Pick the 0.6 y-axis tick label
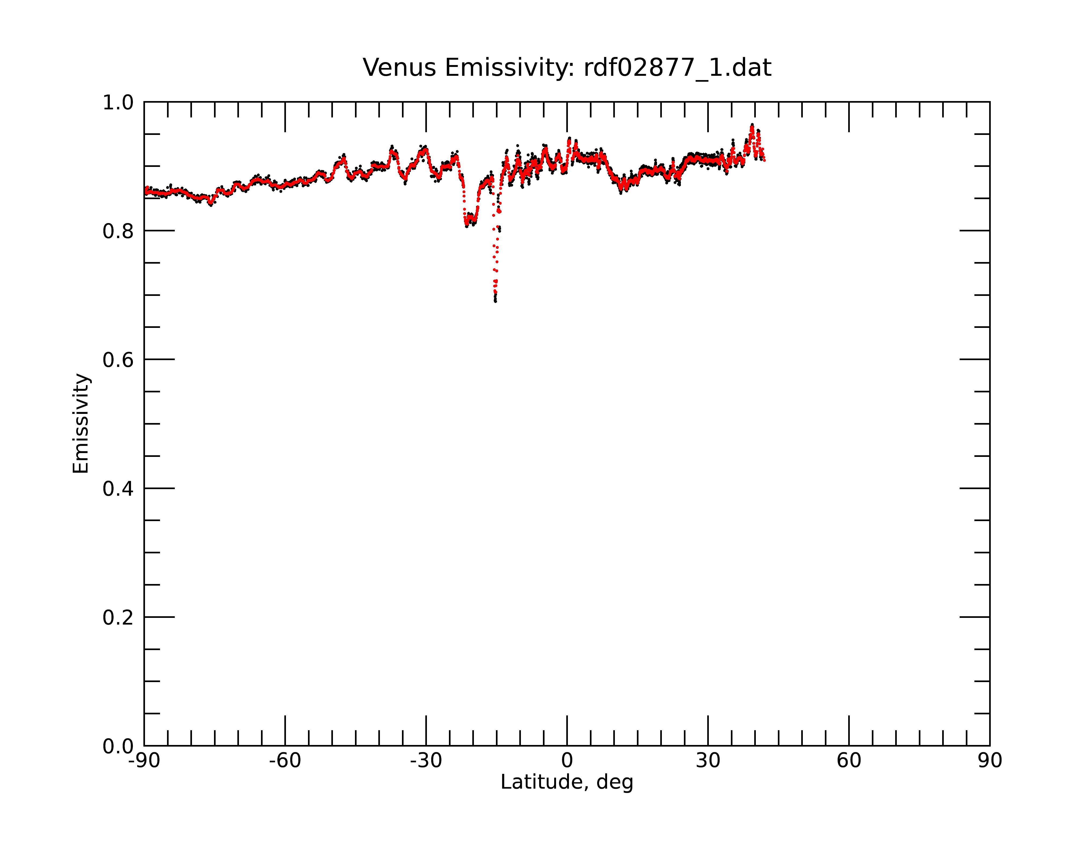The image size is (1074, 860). point(118,360)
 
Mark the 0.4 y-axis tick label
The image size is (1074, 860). point(118,489)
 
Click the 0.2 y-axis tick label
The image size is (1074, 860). point(118,617)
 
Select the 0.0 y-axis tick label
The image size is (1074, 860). point(118,746)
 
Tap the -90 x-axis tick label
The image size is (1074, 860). point(144,761)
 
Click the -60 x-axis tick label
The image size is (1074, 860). point(285,761)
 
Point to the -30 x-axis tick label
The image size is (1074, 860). point(426,761)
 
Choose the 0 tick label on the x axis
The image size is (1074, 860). point(567,761)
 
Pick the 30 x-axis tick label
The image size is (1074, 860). point(708,761)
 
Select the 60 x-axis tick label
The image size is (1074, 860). point(849,761)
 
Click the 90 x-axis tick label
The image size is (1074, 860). point(990,761)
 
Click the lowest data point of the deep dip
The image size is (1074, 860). point(495,301)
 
